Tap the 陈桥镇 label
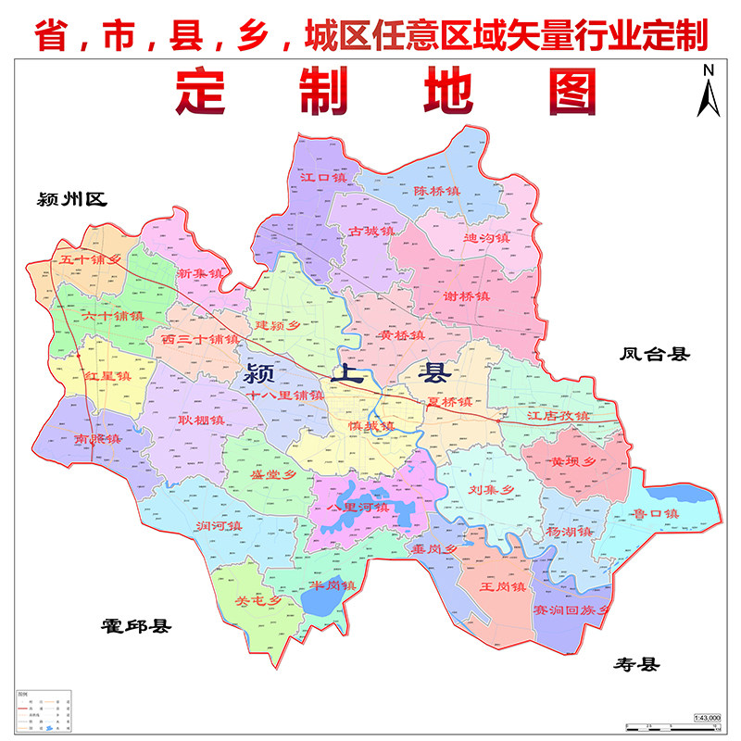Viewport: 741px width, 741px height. [x=436, y=191]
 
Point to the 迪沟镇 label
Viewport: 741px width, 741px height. [x=486, y=237]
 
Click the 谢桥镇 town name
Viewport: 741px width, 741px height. [x=466, y=296]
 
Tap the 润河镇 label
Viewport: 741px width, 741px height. [x=219, y=526]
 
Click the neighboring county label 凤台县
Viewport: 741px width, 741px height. [x=656, y=353]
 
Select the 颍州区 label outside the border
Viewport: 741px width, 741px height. [x=72, y=198]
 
